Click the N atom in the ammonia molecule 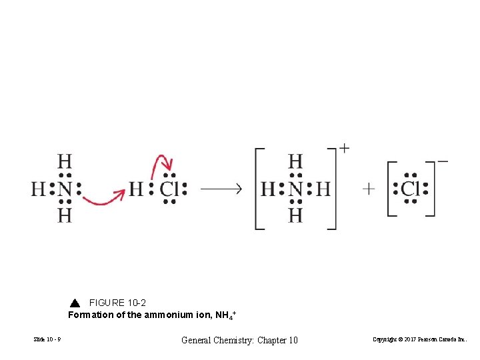coord(64,189)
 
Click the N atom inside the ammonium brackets coord(295,189)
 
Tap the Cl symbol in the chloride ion coord(410,189)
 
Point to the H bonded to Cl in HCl coord(136,189)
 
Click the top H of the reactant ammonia coord(64,162)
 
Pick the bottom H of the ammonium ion coord(295,215)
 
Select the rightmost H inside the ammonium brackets coord(323,189)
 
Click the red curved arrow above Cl coord(163,163)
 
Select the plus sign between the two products coord(369,189)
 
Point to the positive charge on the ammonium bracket coord(344,148)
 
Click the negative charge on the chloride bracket coord(443,161)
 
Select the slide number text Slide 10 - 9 coord(47,341)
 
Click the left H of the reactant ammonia coord(38,189)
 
